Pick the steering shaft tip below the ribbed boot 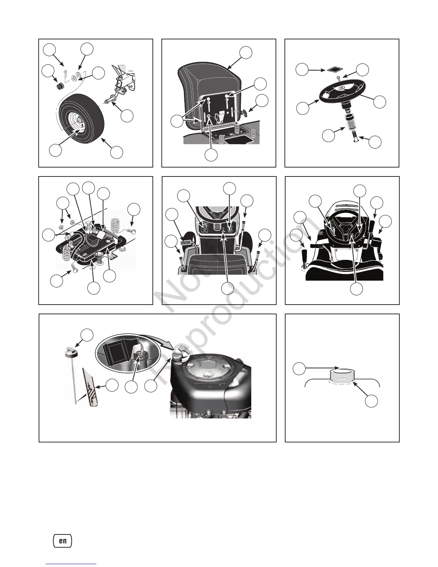[x=356, y=136]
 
